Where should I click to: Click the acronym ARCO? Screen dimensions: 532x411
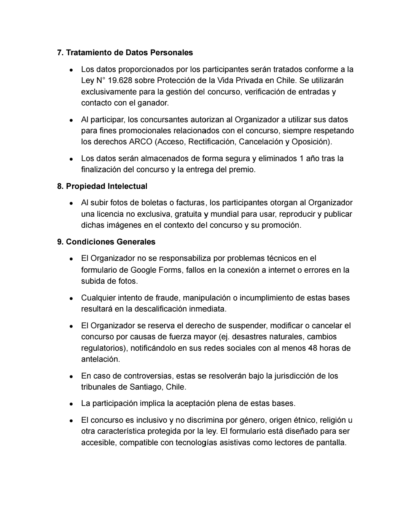(x=140, y=142)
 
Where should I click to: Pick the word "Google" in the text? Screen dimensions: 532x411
(x=146, y=270)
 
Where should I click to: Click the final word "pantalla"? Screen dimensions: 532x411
(x=331, y=443)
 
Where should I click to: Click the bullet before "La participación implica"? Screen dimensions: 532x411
(x=72, y=404)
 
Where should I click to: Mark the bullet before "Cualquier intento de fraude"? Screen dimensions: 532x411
(x=72, y=298)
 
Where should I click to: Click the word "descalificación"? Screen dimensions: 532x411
(x=160, y=309)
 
